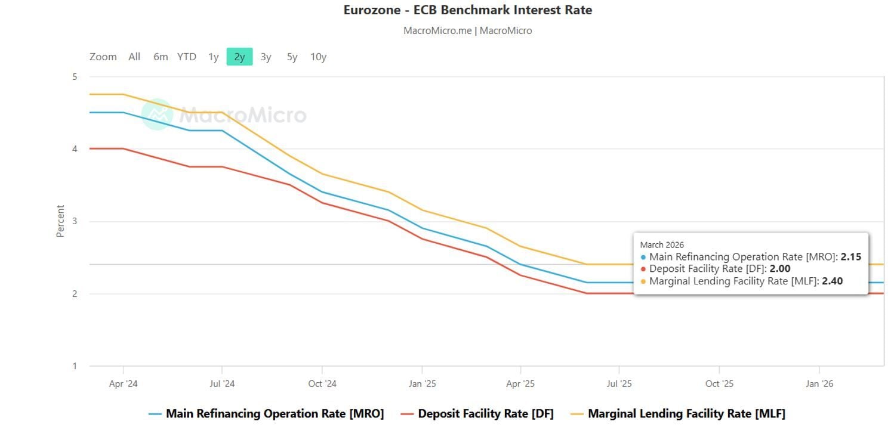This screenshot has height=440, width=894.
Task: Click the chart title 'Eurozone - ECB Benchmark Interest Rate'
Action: pyautogui.click(x=467, y=10)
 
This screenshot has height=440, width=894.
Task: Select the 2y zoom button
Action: pyautogui.click(x=239, y=57)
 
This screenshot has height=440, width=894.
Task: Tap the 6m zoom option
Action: pyautogui.click(x=161, y=57)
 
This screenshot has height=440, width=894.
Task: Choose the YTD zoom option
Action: pyautogui.click(x=186, y=57)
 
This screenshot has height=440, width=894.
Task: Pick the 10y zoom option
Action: pyautogui.click(x=318, y=57)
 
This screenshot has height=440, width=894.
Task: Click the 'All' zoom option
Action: pyautogui.click(x=134, y=57)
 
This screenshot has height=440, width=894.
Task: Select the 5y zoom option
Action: pyautogui.click(x=292, y=57)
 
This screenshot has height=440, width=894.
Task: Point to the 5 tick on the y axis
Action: pyautogui.click(x=75, y=76)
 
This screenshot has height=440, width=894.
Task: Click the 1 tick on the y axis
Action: pyautogui.click(x=75, y=366)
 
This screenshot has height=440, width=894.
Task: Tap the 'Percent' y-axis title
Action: pyautogui.click(x=60, y=221)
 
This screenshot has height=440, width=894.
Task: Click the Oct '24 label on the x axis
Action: pyautogui.click(x=322, y=383)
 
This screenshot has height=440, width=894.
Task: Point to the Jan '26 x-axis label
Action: pyautogui.click(x=819, y=383)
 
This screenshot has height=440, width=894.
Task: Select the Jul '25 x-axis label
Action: pyautogui.click(x=619, y=383)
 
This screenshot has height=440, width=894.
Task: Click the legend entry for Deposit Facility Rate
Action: pyautogui.click(x=485, y=413)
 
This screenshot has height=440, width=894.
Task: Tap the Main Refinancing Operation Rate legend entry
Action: pyautogui.click(x=275, y=413)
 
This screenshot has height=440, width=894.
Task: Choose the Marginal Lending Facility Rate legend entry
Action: pyautogui.click(x=686, y=413)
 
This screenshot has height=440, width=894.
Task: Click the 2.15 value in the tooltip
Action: pyautogui.click(x=850, y=257)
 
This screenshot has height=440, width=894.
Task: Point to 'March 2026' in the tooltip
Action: pyautogui.click(x=662, y=244)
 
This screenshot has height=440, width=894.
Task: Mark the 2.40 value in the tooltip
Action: pyautogui.click(x=832, y=281)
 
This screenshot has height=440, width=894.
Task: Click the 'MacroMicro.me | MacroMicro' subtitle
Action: pyautogui.click(x=467, y=30)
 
